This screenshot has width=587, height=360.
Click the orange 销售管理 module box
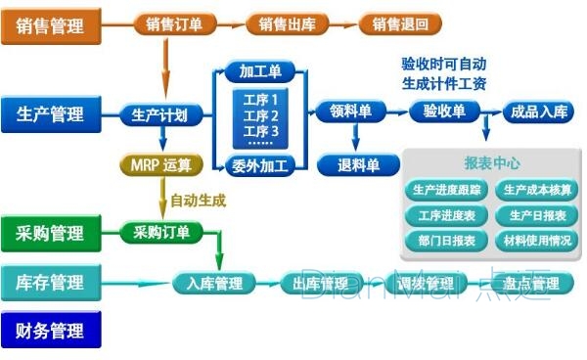(x=51, y=25)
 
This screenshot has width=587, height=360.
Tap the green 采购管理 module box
(x=51, y=234)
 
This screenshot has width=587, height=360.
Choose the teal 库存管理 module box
(x=51, y=283)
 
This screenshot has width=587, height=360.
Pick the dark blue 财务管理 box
(x=51, y=331)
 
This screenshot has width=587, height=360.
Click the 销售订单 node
(x=174, y=24)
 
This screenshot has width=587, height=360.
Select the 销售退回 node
(x=400, y=24)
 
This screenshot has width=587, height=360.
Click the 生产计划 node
(x=159, y=113)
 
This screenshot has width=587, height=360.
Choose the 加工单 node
(x=261, y=71)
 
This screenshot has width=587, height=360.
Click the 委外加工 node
(x=260, y=164)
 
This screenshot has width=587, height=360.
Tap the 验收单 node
(x=444, y=112)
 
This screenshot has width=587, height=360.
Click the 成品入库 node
(x=538, y=112)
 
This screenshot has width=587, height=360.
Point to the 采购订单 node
(x=161, y=233)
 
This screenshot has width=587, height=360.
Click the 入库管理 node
(x=214, y=284)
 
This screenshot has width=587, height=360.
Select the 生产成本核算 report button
(x=534, y=190)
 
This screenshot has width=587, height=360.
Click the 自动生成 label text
(x=199, y=201)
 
